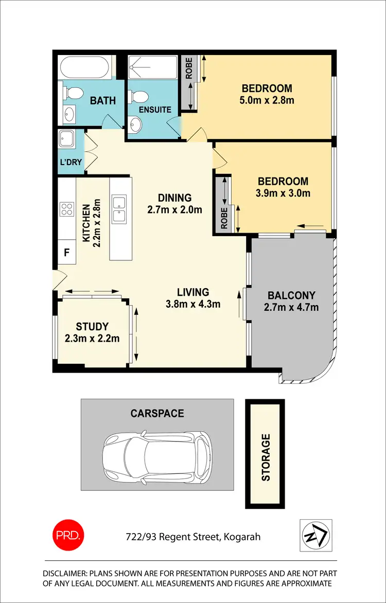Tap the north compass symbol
pyautogui.click(x=315, y=535)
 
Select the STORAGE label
pyautogui.click(x=266, y=457)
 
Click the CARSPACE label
pyautogui.click(x=157, y=413)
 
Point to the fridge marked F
pyautogui.click(x=66, y=253)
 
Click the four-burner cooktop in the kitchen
pyautogui.click(x=67, y=208)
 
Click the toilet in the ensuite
pyautogui.click(x=137, y=97)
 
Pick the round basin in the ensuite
pyautogui.click(x=136, y=123)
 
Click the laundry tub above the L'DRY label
pyautogui.click(x=67, y=139)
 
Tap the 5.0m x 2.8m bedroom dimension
pyautogui.click(x=267, y=100)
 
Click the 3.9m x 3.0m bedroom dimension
pyautogui.click(x=283, y=193)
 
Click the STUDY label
pyautogui.click(x=92, y=326)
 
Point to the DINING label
pyautogui.click(x=174, y=198)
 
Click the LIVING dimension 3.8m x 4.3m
pyautogui.click(x=193, y=304)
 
